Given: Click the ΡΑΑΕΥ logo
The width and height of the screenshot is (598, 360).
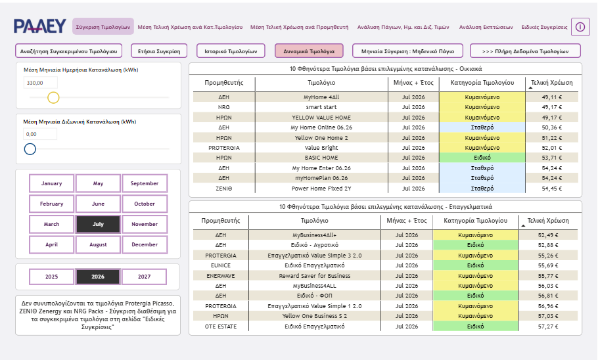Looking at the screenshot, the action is click(39, 26).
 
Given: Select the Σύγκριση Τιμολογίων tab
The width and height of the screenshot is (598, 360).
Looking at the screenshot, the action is click(103, 27).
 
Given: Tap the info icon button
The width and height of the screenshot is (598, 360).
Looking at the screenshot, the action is click(580, 27).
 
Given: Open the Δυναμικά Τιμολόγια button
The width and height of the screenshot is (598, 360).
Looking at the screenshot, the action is click(309, 51).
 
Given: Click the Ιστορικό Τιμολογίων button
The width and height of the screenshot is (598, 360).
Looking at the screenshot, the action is click(231, 51).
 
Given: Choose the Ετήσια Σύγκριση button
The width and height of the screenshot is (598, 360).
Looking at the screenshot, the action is click(159, 51).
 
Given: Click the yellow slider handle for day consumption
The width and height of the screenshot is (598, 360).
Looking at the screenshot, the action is click(53, 98).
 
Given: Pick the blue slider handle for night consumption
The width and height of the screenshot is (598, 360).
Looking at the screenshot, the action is click(30, 148).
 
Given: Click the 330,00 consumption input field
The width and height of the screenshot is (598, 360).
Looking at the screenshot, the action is click(41, 83).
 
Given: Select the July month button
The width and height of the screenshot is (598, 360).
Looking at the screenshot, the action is click(98, 224).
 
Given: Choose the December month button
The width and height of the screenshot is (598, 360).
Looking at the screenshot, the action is click(145, 244).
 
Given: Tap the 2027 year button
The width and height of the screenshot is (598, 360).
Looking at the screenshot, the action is click(144, 277).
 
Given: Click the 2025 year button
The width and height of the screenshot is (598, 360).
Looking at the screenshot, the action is click(51, 277).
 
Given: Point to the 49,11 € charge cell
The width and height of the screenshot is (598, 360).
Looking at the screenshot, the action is click(552, 97).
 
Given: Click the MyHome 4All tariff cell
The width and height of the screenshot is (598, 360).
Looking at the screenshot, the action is click(321, 97).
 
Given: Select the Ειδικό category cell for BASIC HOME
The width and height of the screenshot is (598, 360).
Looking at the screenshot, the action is click(482, 158).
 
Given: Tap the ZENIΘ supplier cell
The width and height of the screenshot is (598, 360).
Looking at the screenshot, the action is click(224, 189).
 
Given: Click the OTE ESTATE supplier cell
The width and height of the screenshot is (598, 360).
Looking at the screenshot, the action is click(221, 326).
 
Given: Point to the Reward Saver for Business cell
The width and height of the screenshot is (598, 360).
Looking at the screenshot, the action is click(315, 276).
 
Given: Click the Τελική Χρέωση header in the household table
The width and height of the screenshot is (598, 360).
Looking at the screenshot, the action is click(552, 83).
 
